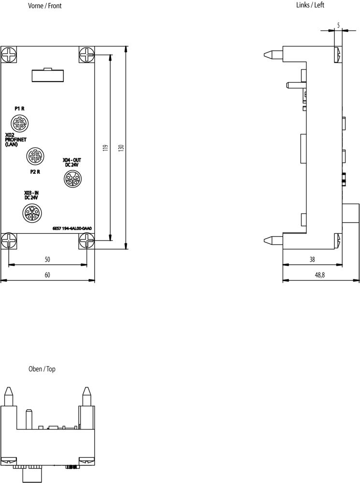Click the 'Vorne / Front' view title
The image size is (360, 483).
(44, 6)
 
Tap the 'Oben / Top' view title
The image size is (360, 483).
(42, 369)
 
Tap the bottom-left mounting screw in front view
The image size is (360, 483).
(9, 241)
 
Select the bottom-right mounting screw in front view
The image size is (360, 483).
(87, 241)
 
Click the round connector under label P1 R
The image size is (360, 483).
(20, 123)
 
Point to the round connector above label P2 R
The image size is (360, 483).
(33, 156)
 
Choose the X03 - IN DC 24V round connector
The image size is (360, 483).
(31, 213)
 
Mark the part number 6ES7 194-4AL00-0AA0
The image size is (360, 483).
(72, 229)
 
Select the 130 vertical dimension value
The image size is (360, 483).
(121, 148)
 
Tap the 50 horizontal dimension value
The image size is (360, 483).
(47, 260)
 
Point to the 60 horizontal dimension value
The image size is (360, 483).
(47, 275)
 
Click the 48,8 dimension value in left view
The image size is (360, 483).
(320, 275)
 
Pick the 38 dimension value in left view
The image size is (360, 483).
(312, 259)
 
